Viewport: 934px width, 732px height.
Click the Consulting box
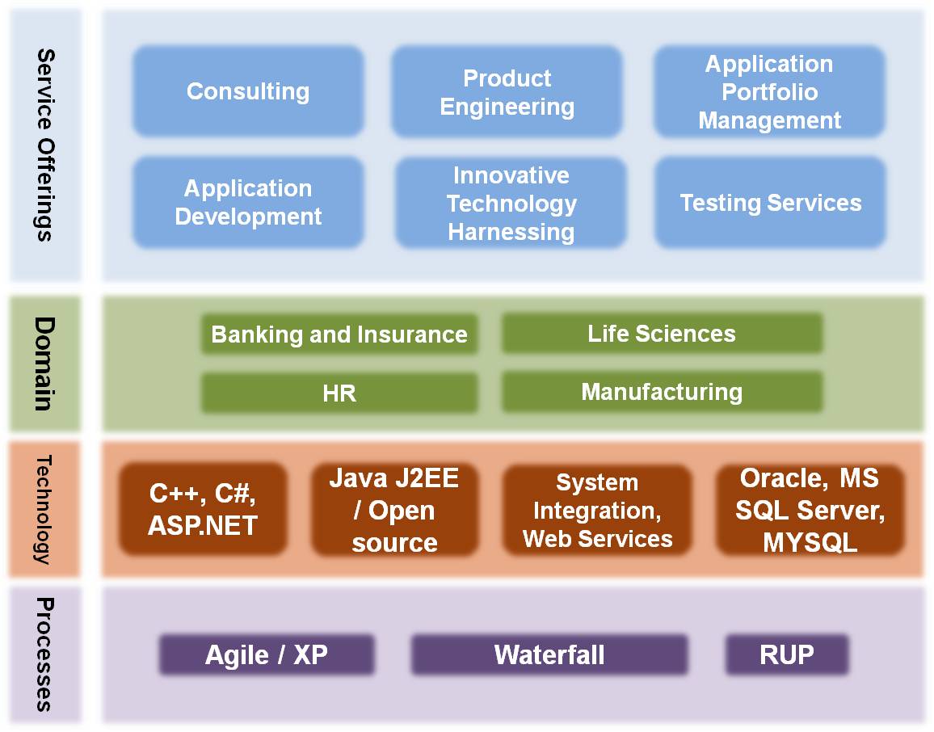[248, 91]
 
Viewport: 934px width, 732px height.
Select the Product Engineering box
[507, 91]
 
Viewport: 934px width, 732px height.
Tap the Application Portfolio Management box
[770, 91]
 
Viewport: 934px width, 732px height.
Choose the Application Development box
[248, 203]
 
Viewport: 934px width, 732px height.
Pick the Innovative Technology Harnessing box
[511, 203]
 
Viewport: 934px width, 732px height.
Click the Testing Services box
[770, 203]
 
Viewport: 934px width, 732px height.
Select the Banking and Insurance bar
[339, 334]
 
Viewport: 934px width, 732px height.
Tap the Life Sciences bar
[663, 333]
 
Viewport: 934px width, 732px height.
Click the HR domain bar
[339, 393]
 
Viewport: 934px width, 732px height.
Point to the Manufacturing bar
[663, 392]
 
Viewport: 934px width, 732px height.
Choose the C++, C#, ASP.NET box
[203, 509]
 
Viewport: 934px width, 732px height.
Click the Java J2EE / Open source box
[394, 509]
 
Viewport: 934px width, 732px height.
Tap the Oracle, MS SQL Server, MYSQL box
[810, 510]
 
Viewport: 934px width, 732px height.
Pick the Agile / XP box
[267, 654]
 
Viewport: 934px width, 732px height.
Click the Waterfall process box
[549, 654]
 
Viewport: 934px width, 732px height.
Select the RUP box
[787, 654]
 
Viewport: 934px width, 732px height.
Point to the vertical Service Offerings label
[45, 145]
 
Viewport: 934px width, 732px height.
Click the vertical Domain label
[44, 364]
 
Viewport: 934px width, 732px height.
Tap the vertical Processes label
[44, 654]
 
